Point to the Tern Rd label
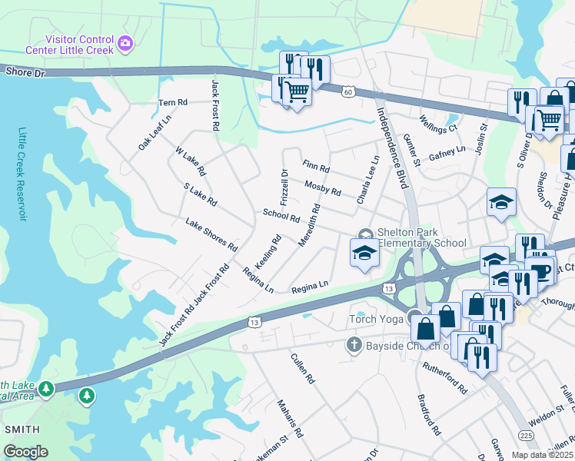tap(172, 102)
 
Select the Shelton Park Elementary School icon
tap(364, 234)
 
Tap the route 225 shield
tap(526, 436)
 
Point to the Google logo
tap(25, 452)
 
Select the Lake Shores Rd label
tap(211, 234)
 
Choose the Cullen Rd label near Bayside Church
tap(303, 369)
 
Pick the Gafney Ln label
tap(447, 154)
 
